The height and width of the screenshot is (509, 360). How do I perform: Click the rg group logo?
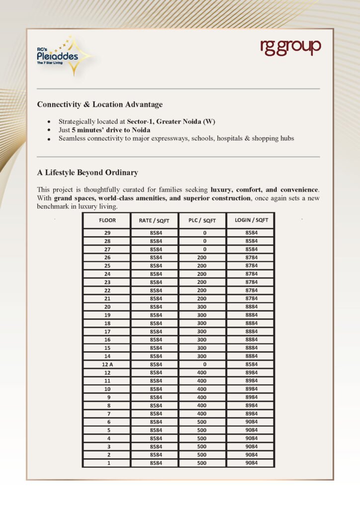(291, 48)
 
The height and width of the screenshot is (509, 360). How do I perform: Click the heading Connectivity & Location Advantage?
(99, 104)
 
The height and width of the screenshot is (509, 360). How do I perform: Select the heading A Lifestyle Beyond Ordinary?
(87, 172)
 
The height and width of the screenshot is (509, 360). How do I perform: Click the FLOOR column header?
(107, 220)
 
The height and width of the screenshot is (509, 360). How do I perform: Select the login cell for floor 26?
(251, 257)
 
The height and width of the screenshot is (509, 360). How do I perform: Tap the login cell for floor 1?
(251, 463)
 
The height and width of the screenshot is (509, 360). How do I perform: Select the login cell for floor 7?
(251, 414)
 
